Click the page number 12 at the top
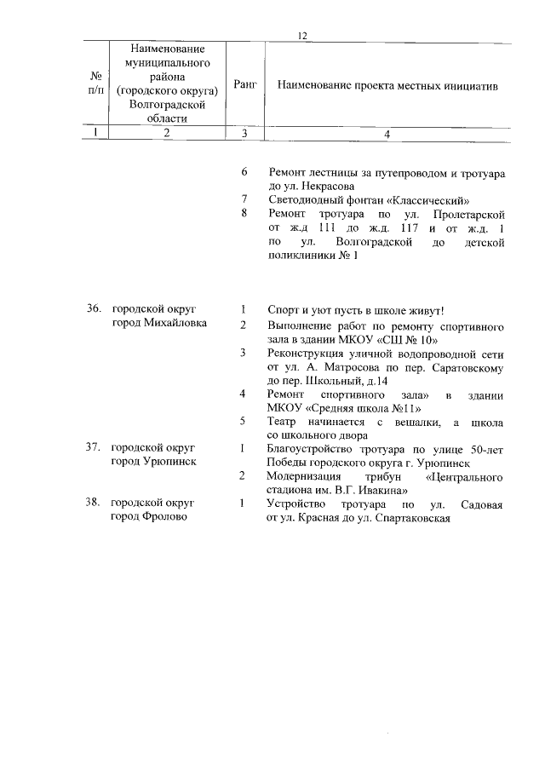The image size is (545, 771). tap(301, 35)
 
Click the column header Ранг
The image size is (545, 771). tap(244, 86)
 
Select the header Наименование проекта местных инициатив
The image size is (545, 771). tap(387, 86)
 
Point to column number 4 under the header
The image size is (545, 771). tap(387, 133)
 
